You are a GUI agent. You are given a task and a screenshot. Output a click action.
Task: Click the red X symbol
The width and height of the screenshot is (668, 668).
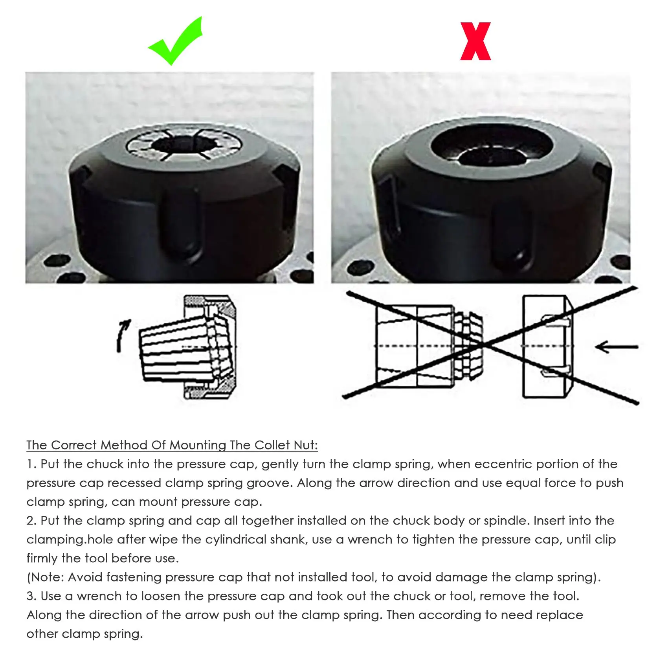point(475,42)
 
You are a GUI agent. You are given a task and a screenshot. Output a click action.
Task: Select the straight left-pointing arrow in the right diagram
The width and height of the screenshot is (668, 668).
point(617,347)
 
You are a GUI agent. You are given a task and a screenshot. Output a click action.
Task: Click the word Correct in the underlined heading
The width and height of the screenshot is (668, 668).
point(74,445)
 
